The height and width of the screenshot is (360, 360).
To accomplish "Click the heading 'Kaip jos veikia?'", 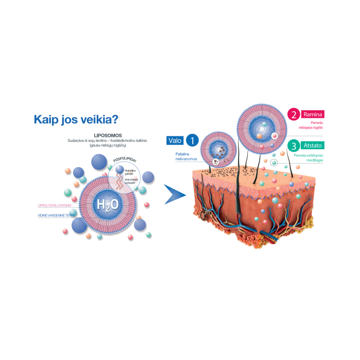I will [76, 119].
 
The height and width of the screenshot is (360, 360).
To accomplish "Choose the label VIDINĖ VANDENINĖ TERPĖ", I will [56, 215].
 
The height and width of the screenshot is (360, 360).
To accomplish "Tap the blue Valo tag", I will [175, 140].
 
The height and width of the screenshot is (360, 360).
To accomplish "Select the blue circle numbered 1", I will [192, 140].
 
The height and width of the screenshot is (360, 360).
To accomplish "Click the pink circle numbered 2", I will [294, 115].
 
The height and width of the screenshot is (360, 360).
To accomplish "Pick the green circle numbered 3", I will [294, 146].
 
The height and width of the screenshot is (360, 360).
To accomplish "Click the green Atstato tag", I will [312, 146].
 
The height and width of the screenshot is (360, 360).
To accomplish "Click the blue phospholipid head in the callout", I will [119, 170].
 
